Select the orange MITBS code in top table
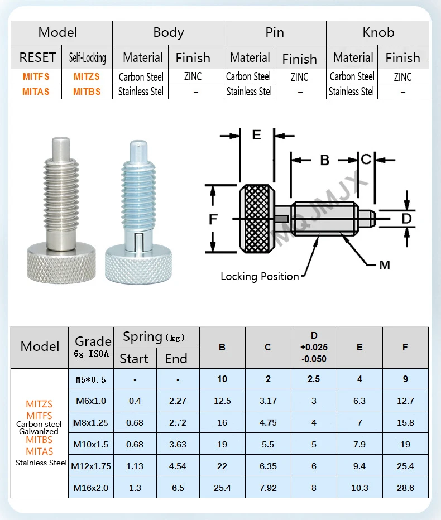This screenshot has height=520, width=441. tap(87, 92)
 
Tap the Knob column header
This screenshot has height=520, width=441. tap(378, 32)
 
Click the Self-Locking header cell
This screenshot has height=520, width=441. tap(87, 57)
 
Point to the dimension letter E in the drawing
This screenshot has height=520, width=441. tap(256, 134)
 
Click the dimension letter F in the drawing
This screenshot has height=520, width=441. tap(213, 219)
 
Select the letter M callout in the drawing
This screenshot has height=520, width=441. tap(384, 265)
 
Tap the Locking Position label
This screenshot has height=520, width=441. tap(260, 276)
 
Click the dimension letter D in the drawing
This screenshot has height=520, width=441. tap(406, 218)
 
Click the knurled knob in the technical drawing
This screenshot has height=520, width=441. tap(257, 219)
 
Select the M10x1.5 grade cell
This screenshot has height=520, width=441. tap(91, 444)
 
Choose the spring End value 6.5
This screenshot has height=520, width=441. tap(178, 488)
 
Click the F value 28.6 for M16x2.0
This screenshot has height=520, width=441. tap(405, 488)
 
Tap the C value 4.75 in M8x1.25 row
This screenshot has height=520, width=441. tap(268, 422)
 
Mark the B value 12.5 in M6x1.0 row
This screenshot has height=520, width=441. tap(222, 401)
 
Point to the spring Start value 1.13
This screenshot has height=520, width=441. tap(135, 466)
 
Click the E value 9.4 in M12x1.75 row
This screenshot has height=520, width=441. tap(359, 466)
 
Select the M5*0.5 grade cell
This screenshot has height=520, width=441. tap(91, 379)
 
